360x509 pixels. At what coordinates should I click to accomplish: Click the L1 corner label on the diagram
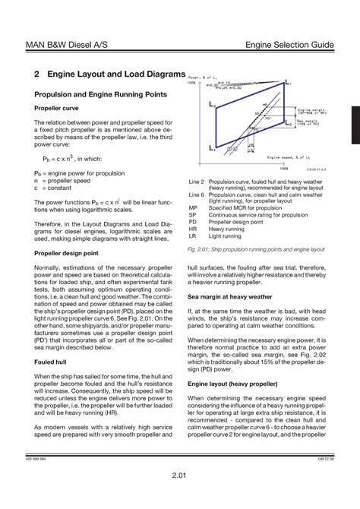(x=287, y=81)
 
